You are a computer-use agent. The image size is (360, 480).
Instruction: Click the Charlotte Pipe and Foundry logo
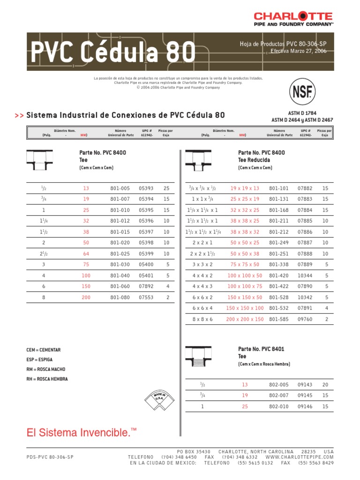pyautogui.click(x=300, y=19)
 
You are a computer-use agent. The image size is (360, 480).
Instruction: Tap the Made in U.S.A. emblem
pyautogui.click(x=160, y=398)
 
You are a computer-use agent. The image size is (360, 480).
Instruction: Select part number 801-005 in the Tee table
pyautogui.click(x=120, y=188)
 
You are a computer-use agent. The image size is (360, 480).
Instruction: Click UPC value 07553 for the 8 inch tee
pyautogui.click(x=146, y=297)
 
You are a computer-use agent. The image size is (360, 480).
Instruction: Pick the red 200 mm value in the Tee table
pyautogui.click(x=86, y=297)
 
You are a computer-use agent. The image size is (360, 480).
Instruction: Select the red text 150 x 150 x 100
pyautogui.click(x=245, y=308)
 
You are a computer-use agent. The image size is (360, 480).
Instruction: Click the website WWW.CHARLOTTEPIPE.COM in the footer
pyautogui.click(x=300, y=457)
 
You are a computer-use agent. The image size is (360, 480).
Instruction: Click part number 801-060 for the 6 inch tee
pyautogui.click(x=120, y=286)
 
